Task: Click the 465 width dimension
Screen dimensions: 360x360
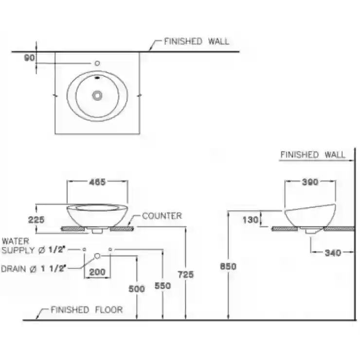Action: point(97,182)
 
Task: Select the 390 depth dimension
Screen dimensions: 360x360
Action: point(310,182)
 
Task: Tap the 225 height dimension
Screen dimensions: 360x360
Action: point(36,220)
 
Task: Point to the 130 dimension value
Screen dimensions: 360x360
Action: point(251,220)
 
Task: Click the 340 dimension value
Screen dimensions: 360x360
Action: point(333,253)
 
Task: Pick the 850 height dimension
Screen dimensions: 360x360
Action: point(228,266)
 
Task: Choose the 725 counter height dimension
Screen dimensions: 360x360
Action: point(186,274)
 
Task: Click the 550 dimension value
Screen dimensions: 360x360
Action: point(163,286)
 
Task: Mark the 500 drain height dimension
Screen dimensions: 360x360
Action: point(137,289)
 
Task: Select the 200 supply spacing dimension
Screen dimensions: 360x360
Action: point(97,272)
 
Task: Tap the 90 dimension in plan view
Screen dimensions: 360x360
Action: point(29,58)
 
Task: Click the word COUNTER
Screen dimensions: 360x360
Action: point(162,216)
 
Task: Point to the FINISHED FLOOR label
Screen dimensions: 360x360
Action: point(87,310)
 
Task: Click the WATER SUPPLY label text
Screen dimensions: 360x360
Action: point(33,246)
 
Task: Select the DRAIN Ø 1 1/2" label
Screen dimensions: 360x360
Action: point(34,269)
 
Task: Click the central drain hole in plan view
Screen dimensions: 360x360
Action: point(97,95)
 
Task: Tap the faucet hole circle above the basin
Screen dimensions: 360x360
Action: point(97,63)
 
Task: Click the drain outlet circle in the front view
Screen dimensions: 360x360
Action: point(97,256)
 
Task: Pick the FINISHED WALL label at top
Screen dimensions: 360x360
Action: point(197,41)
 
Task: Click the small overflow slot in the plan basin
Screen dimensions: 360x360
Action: point(97,78)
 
